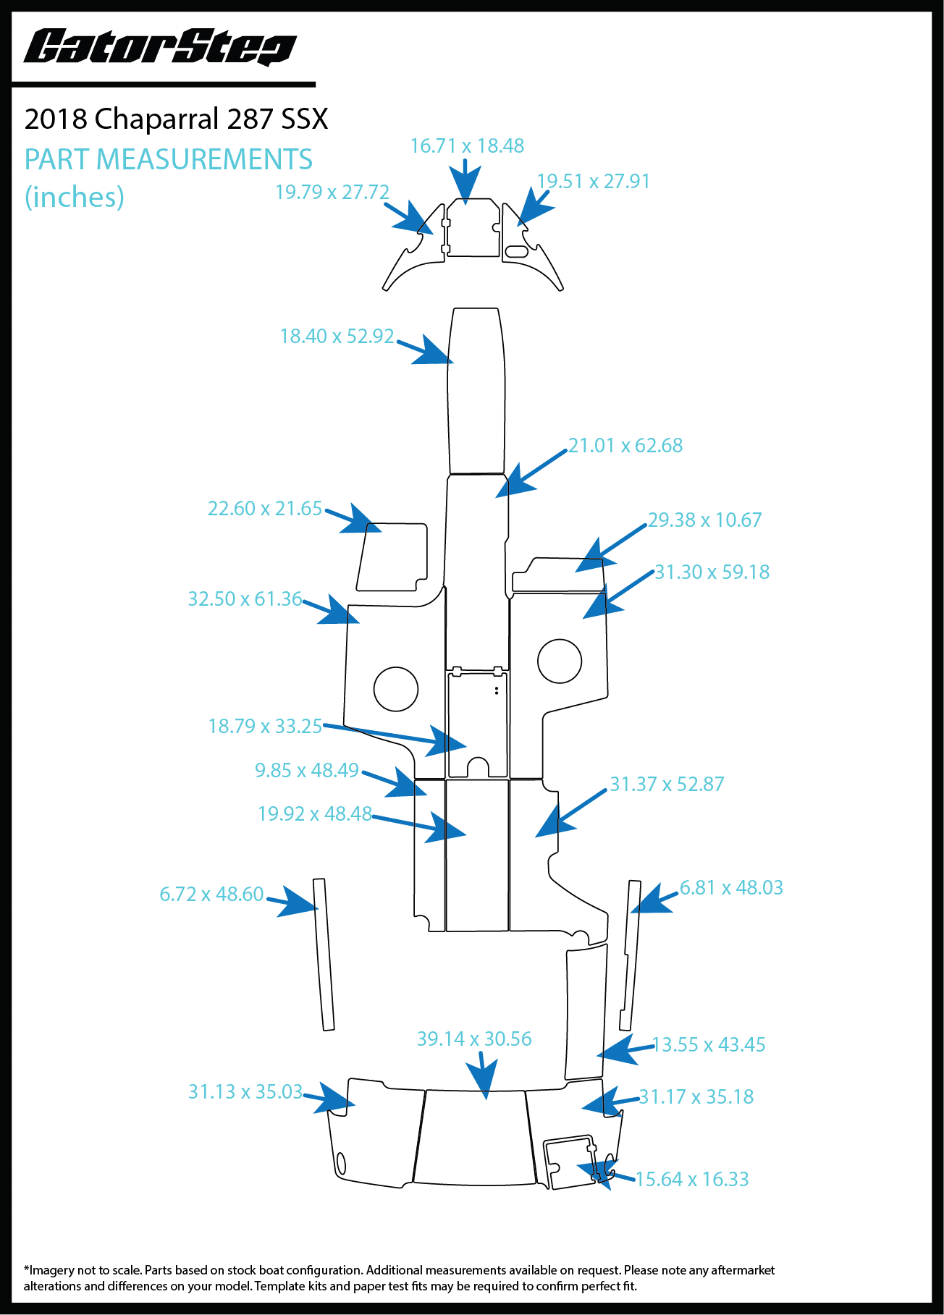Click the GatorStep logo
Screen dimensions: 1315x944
pos(160,47)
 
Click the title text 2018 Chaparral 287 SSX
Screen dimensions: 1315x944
pos(176,119)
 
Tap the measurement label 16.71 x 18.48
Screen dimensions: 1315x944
pos(467,146)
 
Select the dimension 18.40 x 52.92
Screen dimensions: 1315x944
pos(337,337)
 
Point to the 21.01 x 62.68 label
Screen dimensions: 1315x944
pos(625,446)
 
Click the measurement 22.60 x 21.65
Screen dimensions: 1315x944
pos(264,509)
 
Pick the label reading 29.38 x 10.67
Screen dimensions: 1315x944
pos(704,520)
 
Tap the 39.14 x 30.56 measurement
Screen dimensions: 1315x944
pos(474,1039)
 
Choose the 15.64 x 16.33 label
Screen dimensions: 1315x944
pos(691,1180)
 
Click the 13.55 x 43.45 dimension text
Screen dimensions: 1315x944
pos(709,1045)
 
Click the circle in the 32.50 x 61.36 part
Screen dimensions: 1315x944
pos(396,689)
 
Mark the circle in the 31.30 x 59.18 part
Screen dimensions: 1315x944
pos(560,661)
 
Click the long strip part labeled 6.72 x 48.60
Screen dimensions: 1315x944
pos(324,955)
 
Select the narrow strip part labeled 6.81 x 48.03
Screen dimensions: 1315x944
pos(630,955)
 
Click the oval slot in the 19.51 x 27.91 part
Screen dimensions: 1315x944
pos(517,252)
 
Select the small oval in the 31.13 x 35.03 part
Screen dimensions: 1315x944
pos(341,1163)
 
